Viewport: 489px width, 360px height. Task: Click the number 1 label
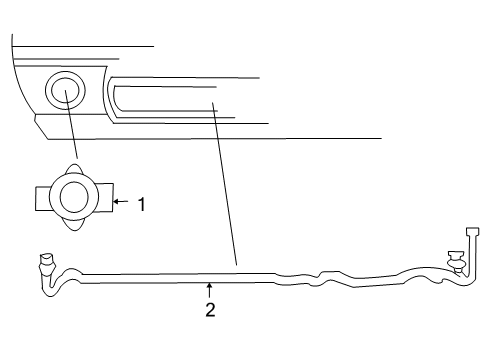(142, 203)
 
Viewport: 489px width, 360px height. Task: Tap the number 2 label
(210, 309)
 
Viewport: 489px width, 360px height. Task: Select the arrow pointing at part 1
(122, 202)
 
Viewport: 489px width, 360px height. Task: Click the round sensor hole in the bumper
(65, 92)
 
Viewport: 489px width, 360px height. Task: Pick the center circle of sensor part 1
(75, 196)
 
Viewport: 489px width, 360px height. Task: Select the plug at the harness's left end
(45, 264)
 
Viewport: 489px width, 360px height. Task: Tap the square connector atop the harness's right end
(473, 232)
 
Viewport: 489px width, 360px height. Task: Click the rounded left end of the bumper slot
(114, 98)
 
